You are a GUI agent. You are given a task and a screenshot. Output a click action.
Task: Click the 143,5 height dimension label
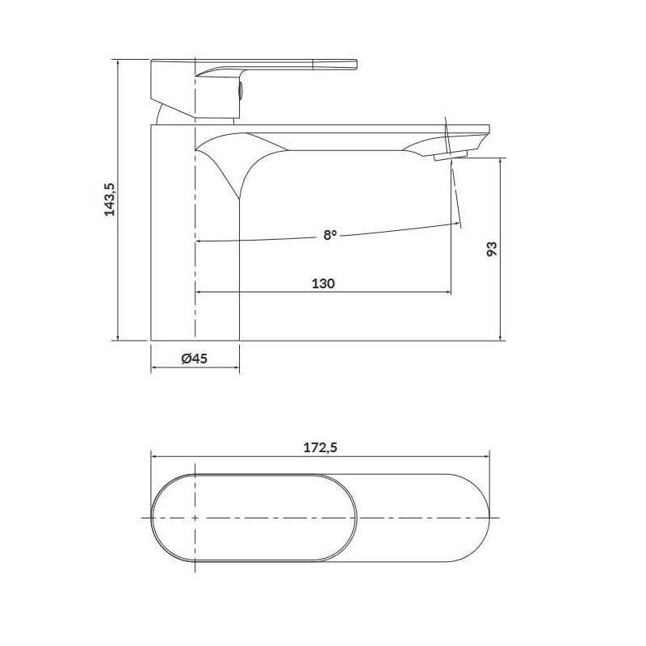111,199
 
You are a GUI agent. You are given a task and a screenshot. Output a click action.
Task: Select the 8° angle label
329,235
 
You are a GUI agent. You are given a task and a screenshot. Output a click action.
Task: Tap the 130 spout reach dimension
323,283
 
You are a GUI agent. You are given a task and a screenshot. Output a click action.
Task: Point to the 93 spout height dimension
492,249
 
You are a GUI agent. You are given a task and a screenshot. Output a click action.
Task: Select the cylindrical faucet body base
195,266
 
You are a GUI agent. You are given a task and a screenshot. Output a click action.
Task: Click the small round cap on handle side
239,89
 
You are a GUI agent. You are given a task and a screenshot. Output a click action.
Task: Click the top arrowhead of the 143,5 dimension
118,62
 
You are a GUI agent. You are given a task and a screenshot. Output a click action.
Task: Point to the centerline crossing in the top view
195,515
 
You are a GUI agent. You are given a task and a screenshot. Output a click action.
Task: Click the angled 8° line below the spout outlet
457,194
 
